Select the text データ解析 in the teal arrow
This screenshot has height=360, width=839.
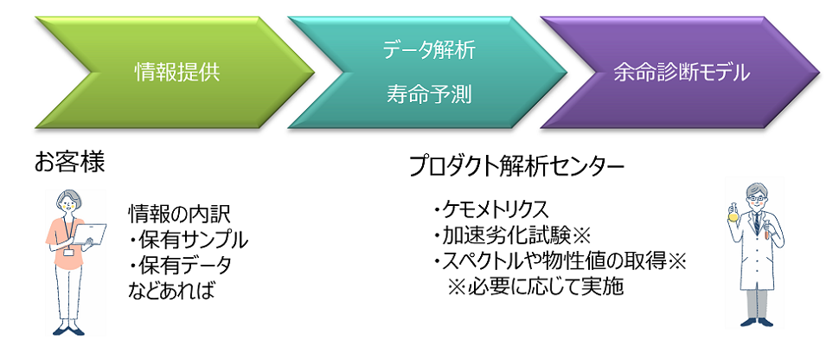tap(429, 50)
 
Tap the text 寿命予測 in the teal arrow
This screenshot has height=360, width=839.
tap(429, 94)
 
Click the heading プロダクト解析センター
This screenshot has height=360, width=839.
tap(516, 166)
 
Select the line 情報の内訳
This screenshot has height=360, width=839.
tap(180, 213)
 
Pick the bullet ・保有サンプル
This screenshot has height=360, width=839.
tap(188, 238)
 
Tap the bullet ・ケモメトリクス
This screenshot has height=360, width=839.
tap(490, 209)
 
